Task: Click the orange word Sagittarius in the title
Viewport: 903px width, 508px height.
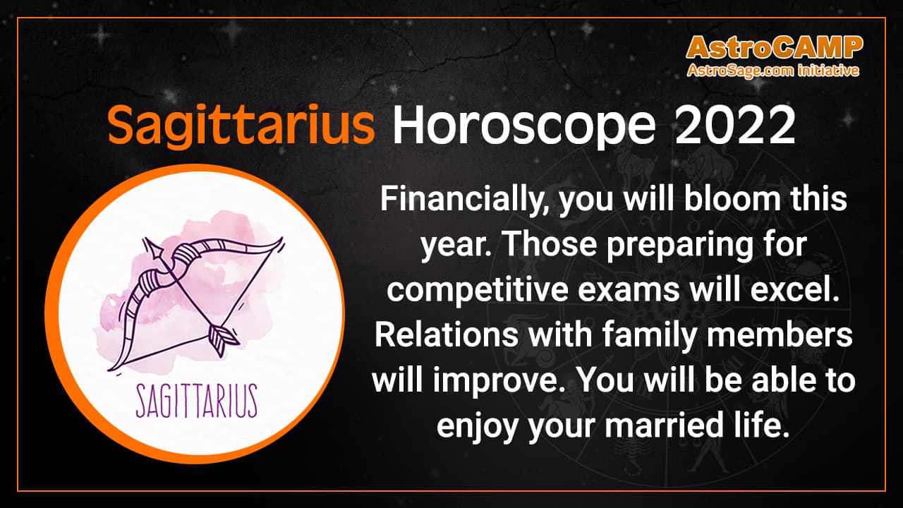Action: point(241,127)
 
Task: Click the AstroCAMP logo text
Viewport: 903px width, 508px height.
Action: point(774,47)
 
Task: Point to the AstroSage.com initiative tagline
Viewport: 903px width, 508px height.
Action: point(774,70)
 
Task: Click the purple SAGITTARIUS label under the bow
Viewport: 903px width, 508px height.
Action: point(195,400)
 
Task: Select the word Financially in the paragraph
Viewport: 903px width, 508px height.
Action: point(462,200)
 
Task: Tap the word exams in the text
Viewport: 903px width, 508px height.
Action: point(613,291)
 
